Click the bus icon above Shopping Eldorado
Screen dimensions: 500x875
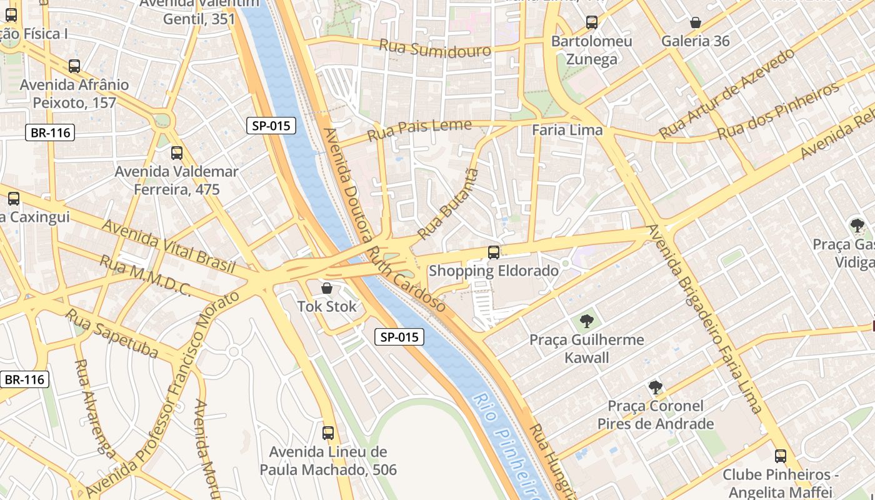pyautogui.click(x=494, y=252)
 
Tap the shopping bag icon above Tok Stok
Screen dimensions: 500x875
pyautogui.click(x=326, y=288)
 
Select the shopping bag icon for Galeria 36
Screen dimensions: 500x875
pyautogui.click(x=695, y=23)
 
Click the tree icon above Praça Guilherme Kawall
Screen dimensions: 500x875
pyautogui.click(x=586, y=321)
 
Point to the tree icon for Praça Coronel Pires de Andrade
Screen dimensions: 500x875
pyautogui.click(x=655, y=387)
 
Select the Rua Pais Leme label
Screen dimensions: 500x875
pyautogui.click(x=419, y=129)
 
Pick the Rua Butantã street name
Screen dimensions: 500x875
pyautogui.click(x=447, y=204)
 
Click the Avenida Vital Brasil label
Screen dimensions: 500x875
pyautogui.click(x=168, y=246)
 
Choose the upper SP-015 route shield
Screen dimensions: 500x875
pyautogui.click(x=271, y=126)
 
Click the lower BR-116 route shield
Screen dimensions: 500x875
pyautogui.click(x=25, y=379)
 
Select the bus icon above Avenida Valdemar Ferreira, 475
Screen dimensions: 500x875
pyautogui.click(x=177, y=153)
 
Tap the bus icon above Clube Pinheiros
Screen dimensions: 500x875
pyautogui.click(x=780, y=456)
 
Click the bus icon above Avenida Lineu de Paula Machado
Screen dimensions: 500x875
pyautogui.click(x=328, y=432)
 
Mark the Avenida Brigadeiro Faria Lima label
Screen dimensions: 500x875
pyautogui.click(x=705, y=319)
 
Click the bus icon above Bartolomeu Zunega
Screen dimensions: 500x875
pyautogui.click(x=591, y=22)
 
